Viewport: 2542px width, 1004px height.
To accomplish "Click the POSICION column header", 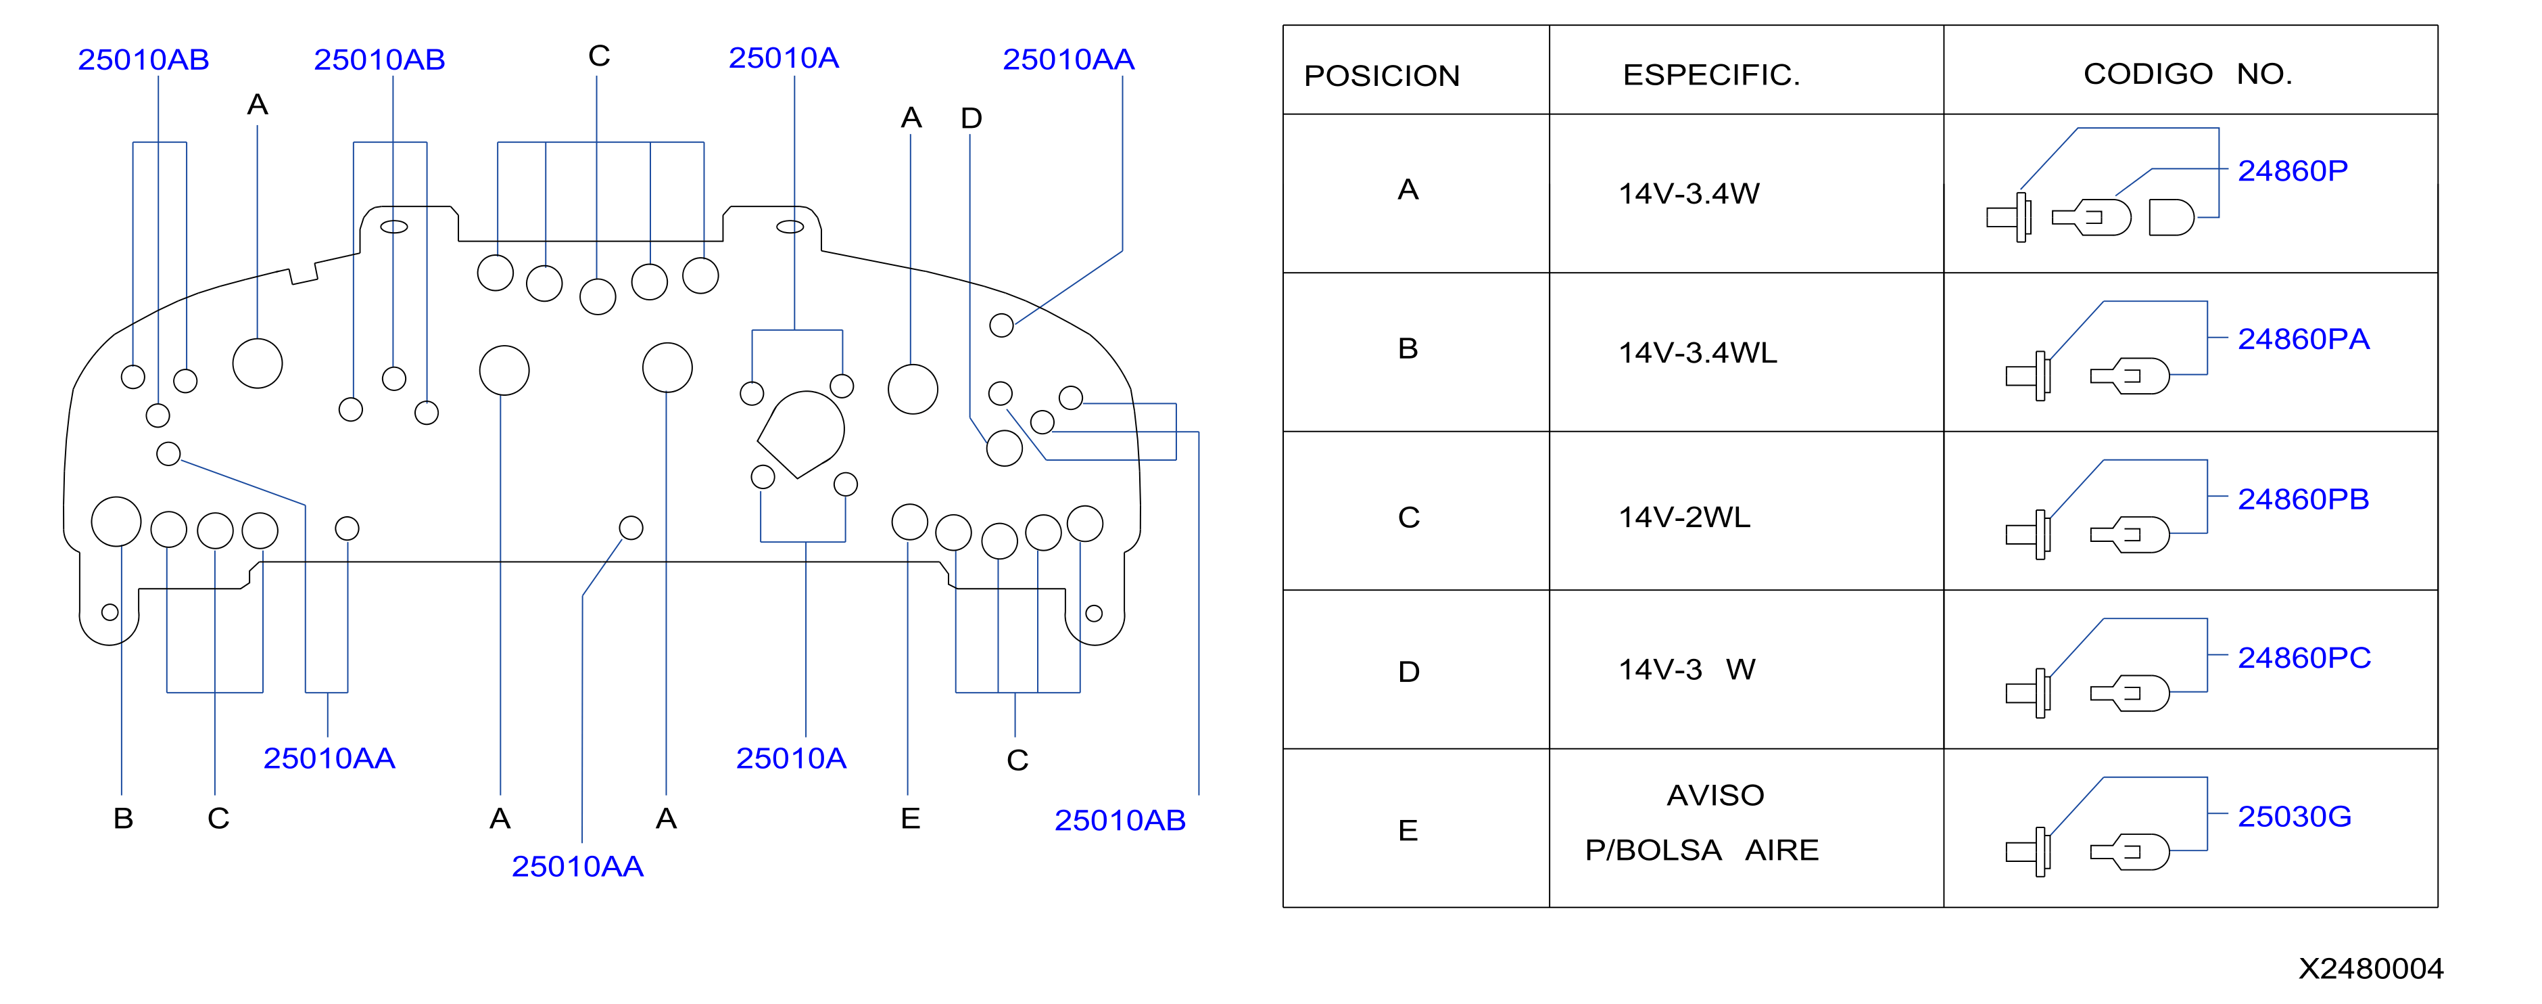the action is (1381, 76).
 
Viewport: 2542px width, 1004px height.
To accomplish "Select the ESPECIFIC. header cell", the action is (1711, 75).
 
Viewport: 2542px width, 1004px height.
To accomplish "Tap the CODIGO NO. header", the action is (2187, 74).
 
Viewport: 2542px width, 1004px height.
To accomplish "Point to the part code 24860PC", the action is (2303, 658).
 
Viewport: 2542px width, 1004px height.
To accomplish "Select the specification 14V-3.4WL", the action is (1698, 352).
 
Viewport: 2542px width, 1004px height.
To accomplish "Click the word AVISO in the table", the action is (1715, 795).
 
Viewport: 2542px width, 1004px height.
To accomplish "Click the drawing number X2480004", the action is (2370, 968).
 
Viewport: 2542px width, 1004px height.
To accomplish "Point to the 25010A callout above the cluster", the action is (784, 58).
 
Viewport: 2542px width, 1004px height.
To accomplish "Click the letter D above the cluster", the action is (971, 118).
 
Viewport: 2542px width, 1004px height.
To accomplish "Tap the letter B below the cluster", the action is (123, 819).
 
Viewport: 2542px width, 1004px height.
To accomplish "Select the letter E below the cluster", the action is (910, 819).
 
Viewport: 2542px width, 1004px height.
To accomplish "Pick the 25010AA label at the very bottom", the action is (577, 867).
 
